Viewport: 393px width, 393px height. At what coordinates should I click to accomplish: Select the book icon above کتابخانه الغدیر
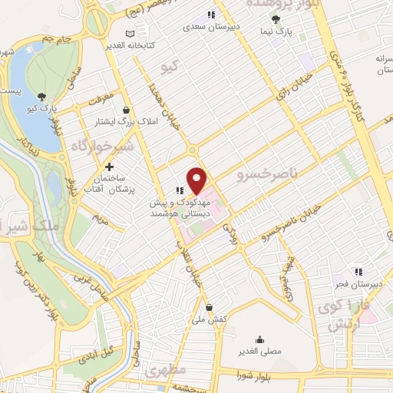[129, 34]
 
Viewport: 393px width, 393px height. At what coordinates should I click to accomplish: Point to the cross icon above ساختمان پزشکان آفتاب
[110, 167]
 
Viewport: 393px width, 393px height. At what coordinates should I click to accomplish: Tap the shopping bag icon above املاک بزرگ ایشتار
[135, 110]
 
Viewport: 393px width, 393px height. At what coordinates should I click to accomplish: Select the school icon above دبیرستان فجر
[358, 271]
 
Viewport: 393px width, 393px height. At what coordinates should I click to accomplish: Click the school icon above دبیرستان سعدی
[210, 14]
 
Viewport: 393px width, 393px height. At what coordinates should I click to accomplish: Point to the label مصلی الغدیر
[260, 352]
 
